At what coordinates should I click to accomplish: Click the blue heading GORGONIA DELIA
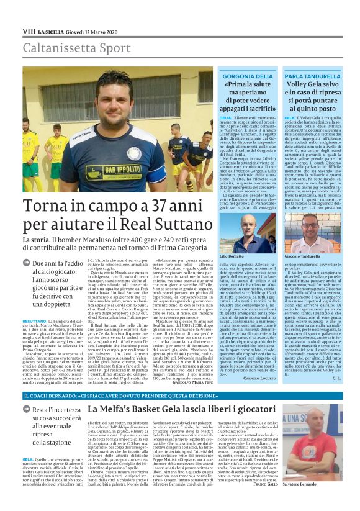246,75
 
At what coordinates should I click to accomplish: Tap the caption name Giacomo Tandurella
302,255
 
